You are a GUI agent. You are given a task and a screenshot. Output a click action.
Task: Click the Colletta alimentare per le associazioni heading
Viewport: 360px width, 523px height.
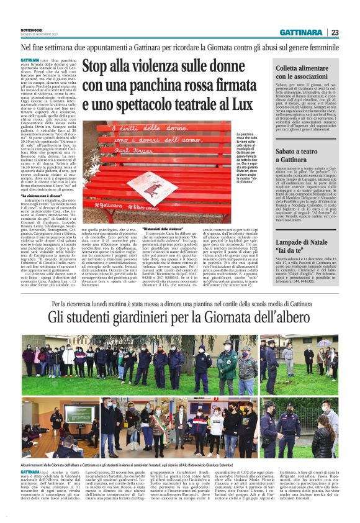pos(306,70)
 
